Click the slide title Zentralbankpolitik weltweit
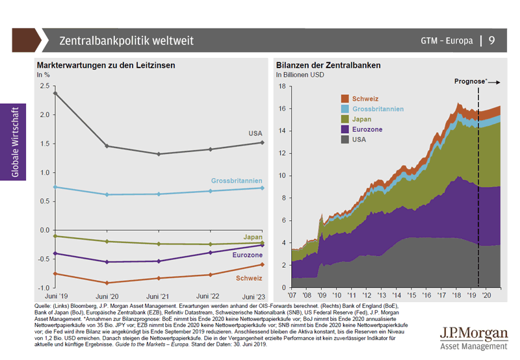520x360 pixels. (126, 40)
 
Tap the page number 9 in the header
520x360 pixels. (492, 40)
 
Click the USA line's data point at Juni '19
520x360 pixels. (55, 93)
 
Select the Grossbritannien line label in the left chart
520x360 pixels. (237, 180)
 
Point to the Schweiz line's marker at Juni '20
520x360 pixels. (107, 283)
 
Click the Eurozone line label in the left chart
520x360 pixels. (247, 255)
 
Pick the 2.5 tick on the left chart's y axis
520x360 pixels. (44, 86)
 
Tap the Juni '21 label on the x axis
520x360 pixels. (159, 296)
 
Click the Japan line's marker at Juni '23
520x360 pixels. (262, 243)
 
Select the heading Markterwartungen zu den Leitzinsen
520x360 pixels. (106, 66)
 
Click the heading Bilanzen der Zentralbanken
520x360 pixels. (328, 66)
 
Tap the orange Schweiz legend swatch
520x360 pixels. (346, 98)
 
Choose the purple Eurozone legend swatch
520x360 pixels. (346, 129)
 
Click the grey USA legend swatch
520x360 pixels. (346, 140)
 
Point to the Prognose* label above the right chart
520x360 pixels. (469, 81)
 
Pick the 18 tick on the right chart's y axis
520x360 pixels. (282, 86)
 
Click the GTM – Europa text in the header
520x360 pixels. (447, 40)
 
